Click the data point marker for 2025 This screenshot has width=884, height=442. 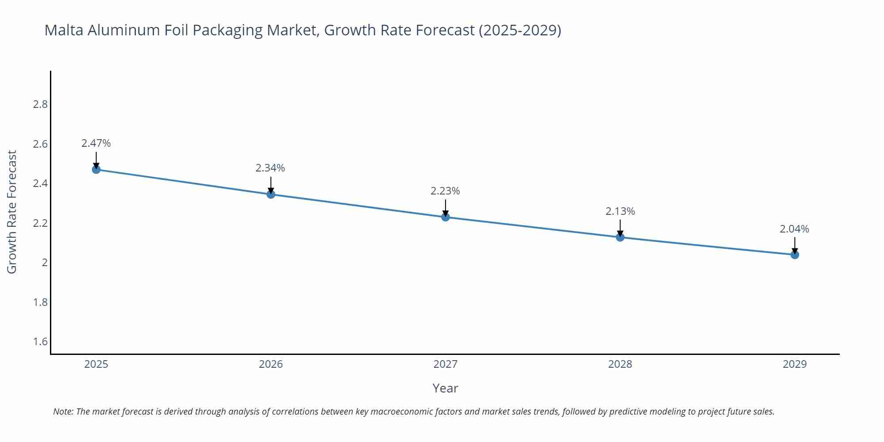coord(96,169)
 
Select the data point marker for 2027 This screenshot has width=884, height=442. coord(445,217)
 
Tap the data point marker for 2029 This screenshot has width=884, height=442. coord(794,255)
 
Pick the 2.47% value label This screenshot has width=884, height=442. coord(96,143)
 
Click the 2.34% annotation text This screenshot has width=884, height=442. coord(270,168)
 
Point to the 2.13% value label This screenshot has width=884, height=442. coord(620,211)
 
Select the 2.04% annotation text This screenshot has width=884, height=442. coord(794,229)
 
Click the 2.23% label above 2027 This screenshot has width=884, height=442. coord(445,191)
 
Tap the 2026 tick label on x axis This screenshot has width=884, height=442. coord(271,364)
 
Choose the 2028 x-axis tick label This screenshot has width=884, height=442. coord(620,364)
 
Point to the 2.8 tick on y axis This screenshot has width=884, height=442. coord(40,104)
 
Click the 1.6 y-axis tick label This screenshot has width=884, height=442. coord(40,342)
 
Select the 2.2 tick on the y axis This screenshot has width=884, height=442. coord(40,223)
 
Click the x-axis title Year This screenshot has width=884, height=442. coord(445,388)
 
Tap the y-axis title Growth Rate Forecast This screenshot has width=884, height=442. coord(12,212)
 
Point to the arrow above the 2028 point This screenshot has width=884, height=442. coord(620,227)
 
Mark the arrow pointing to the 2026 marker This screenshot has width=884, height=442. coord(271,184)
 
